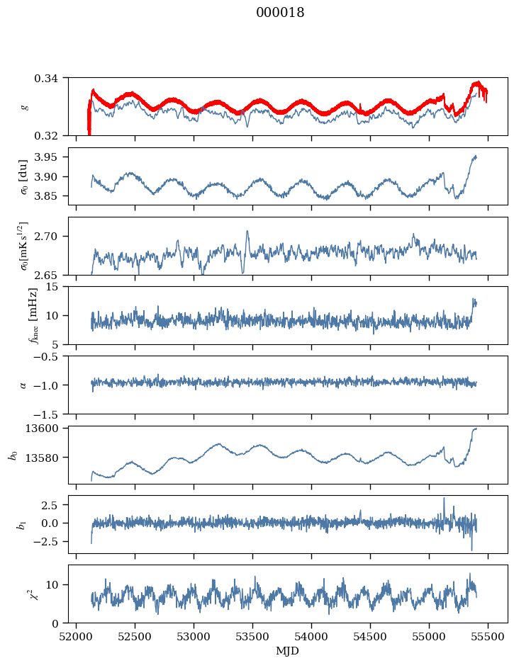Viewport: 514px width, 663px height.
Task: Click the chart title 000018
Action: (x=280, y=13)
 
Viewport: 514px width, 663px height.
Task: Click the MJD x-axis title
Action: (x=288, y=650)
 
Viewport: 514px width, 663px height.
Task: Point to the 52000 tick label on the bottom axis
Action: (x=76, y=637)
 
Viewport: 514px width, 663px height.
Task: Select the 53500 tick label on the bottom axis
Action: (x=252, y=637)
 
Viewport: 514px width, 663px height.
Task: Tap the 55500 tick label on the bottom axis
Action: (x=488, y=637)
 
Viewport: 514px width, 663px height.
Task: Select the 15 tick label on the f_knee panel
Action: (x=57, y=287)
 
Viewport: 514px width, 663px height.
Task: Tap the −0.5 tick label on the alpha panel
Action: (x=49, y=356)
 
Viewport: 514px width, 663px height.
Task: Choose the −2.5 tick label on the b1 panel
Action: (x=49, y=541)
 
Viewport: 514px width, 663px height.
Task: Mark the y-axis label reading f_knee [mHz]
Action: (x=34, y=316)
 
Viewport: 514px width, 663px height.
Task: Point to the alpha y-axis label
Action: (x=23, y=385)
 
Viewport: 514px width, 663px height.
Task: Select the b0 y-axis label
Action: (x=14, y=455)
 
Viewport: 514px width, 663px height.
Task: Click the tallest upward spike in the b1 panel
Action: (x=444, y=499)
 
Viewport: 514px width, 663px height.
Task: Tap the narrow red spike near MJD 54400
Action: (x=360, y=106)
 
